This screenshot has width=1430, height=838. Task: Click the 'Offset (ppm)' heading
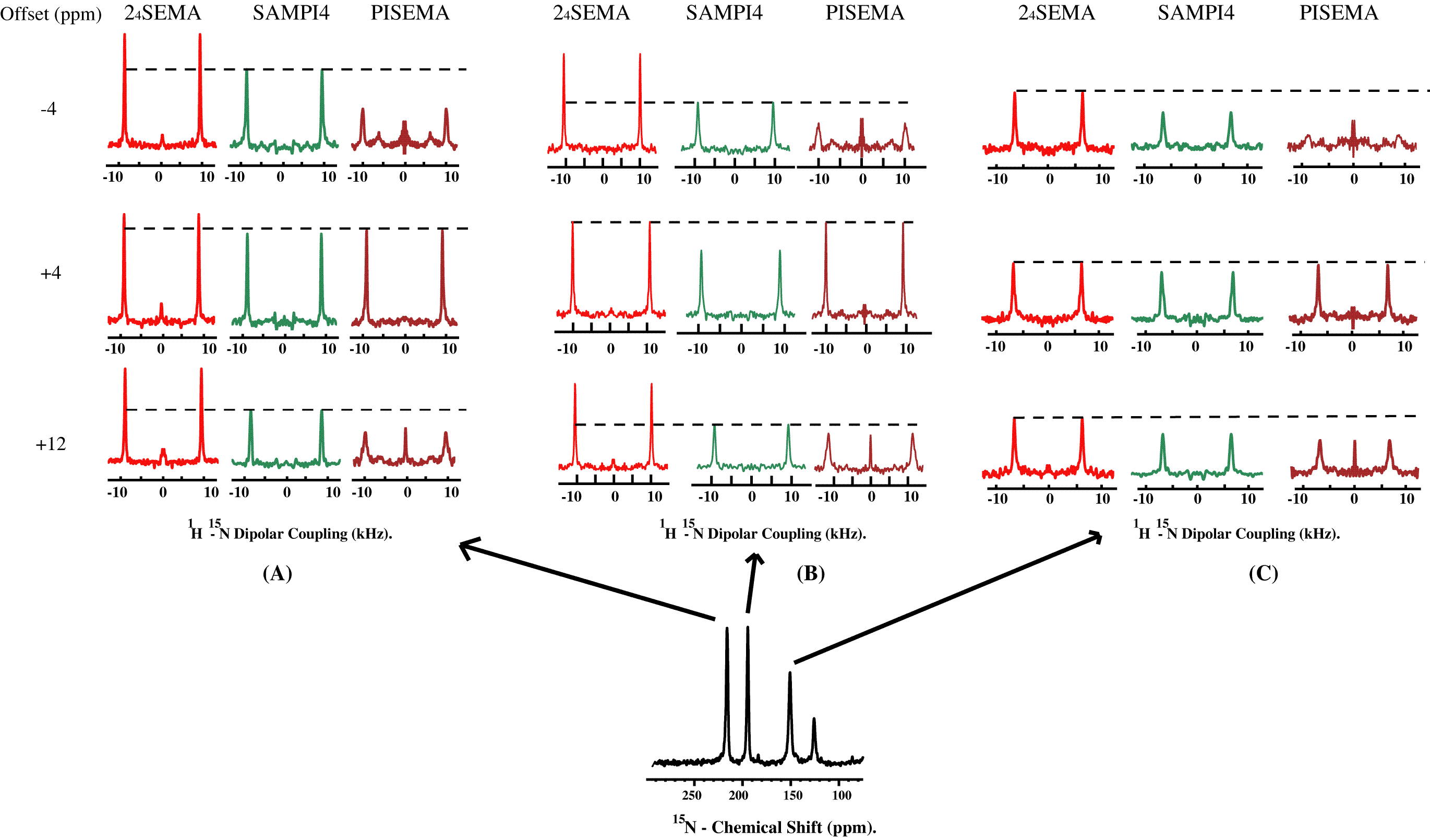pyautogui.click(x=51, y=14)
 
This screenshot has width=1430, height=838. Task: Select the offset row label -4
pyautogui.click(x=49, y=109)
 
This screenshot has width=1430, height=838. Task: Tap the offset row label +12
pyautogui.click(x=51, y=444)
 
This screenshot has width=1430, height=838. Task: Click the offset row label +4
pyautogui.click(x=51, y=273)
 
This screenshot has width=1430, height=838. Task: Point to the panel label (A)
pyautogui.click(x=277, y=573)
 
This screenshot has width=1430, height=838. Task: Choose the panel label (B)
pyautogui.click(x=810, y=573)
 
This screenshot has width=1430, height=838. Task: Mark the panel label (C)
pyautogui.click(x=1263, y=573)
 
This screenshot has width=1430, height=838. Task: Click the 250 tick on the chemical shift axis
pyautogui.click(x=692, y=795)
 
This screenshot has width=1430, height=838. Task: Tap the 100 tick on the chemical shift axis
pyautogui.click(x=842, y=795)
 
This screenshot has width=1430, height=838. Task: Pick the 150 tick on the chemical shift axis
pyautogui.click(x=793, y=795)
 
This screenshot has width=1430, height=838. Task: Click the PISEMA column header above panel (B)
pyautogui.click(x=864, y=13)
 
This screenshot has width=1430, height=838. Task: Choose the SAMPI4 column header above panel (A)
pyautogui.click(x=291, y=13)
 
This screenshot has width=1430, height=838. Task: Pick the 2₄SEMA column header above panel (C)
pyautogui.click(x=1056, y=13)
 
